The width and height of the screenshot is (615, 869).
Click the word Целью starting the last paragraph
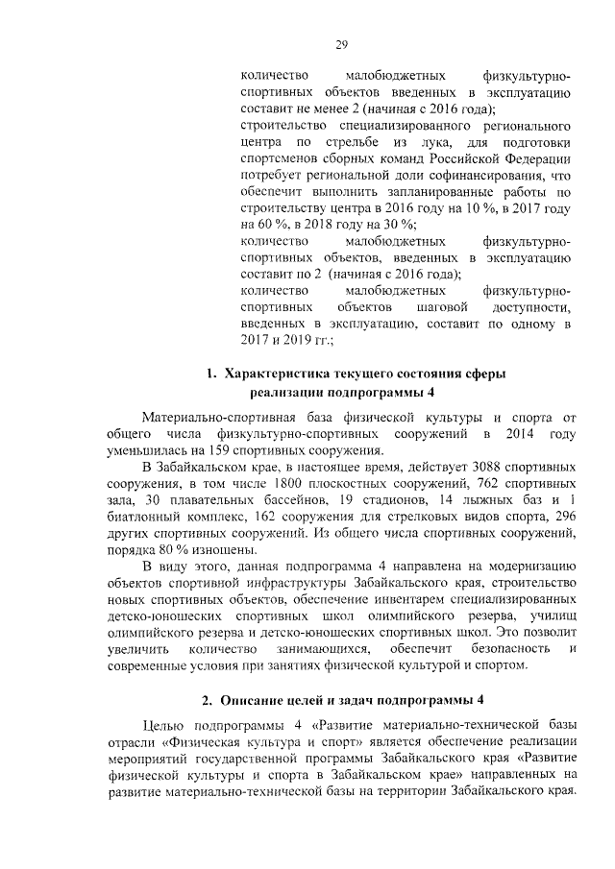tap(162, 725)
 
